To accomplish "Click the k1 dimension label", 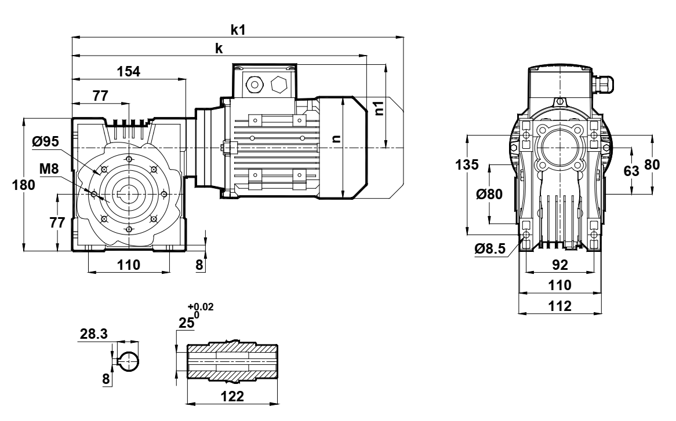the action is (x=238, y=30).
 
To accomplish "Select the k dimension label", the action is (x=219, y=49).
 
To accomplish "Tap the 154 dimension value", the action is (x=129, y=71).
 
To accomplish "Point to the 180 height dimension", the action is (x=23, y=185).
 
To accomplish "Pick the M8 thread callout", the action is (x=49, y=169).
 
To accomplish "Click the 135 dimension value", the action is (x=467, y=164).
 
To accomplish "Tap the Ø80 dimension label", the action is (x=489, y=194).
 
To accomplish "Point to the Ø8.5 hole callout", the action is (x=490, y=249).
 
